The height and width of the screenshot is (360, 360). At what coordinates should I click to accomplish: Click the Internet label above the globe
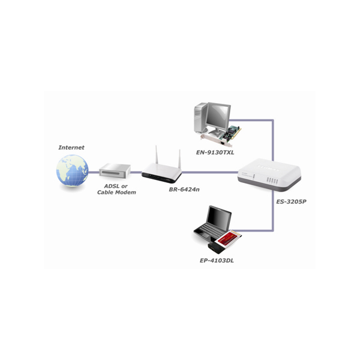[71, 148]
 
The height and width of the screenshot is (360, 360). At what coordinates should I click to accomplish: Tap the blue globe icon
[73, 170]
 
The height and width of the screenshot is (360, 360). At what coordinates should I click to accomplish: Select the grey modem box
[115, 171]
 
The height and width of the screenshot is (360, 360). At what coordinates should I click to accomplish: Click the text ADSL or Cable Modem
[116, 189]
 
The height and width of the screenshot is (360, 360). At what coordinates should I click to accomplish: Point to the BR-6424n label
[184, 190]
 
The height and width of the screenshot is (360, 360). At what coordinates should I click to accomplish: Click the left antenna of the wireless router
[157, 154]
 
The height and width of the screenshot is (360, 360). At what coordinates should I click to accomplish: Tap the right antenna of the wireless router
[179, 159]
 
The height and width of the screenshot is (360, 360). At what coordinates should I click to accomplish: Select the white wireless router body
[161, 173]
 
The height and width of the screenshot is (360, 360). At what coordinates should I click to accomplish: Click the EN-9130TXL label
[215, 152]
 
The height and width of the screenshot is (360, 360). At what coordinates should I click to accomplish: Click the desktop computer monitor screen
[218, 117]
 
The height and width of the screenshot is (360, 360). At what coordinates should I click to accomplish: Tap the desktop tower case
[200, 118]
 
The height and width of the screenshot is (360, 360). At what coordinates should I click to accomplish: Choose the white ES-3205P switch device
[269, 175]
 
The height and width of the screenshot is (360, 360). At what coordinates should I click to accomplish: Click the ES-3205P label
[291, 202]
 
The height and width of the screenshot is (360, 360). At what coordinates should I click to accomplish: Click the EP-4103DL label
[217, 260]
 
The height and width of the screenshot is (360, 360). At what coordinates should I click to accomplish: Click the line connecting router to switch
[209, 172]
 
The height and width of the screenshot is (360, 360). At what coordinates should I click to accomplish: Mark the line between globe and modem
[94, 172]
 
